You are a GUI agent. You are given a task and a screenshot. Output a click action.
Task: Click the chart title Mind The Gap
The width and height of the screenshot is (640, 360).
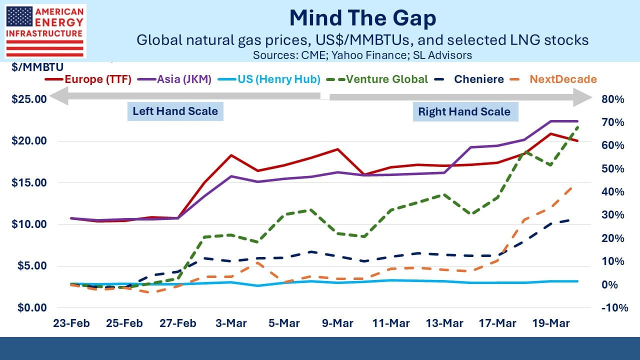click(362, 18)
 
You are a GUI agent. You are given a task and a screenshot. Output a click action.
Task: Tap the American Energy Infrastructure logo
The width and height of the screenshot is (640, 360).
click(44, 31)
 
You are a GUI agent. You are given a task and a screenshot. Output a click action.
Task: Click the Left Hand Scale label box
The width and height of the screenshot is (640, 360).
click(174, 110)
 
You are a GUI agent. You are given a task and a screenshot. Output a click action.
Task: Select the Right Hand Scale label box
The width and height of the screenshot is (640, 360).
click(464, 111)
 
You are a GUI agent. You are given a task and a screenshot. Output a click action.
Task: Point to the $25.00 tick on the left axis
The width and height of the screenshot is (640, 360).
click(28, 99)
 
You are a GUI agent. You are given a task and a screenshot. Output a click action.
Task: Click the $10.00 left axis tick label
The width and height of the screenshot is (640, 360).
click(28, 224)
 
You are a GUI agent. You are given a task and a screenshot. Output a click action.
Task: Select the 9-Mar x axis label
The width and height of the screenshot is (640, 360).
click(337, 323)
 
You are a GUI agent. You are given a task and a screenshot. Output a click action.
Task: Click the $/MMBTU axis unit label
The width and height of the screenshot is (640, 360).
click(34, 67)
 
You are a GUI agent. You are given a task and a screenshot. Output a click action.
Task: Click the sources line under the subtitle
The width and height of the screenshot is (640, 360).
click(362, 55)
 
